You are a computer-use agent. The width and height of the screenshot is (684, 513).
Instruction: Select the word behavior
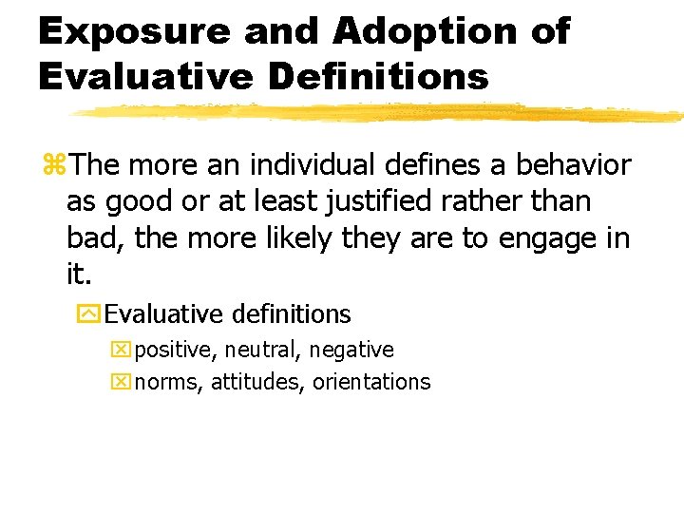573,165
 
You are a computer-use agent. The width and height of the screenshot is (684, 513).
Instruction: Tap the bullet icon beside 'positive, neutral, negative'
120,351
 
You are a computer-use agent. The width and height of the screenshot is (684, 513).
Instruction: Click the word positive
176,351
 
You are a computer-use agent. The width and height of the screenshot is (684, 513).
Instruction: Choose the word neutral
261,351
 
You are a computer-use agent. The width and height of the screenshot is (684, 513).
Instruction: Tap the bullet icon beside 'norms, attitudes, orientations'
120,383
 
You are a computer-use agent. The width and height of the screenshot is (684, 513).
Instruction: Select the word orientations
371,383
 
